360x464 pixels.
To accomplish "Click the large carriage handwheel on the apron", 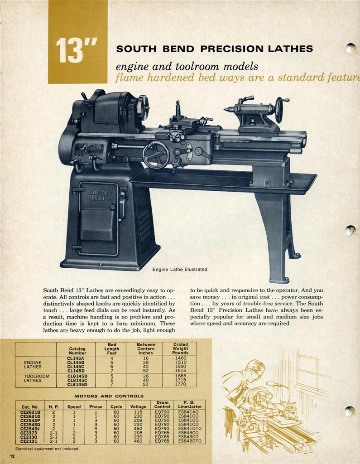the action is point(156,155).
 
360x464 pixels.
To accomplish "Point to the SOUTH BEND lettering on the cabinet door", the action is point(99,196).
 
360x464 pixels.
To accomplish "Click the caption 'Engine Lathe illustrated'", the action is point(180,270).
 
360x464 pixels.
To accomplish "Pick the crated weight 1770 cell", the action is point(180,384).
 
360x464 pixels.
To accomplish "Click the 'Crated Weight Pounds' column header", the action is point(180,348).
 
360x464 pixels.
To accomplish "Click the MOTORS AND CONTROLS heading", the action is point(109,396).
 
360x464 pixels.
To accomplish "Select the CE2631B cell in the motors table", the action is point(30,412).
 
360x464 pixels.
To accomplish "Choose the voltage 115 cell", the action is point(138,412).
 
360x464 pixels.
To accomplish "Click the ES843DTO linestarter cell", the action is point(190,441).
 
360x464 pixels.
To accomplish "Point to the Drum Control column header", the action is point(162,405).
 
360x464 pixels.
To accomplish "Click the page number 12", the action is point(12,456).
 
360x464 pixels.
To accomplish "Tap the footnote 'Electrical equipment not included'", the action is point(47,449).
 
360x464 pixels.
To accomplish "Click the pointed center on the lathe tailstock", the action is point(227,110).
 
